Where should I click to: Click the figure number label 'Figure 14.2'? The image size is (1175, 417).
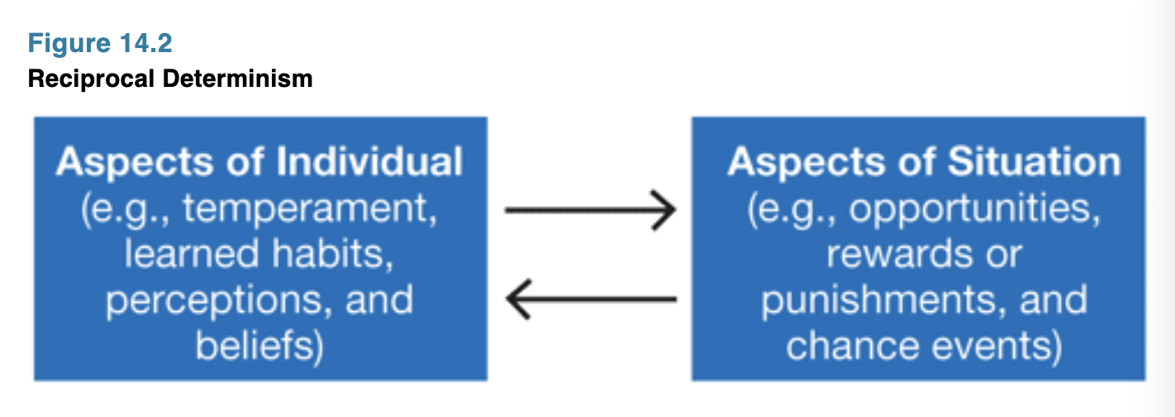point(100,42)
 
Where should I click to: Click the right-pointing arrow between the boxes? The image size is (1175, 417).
point(590,210)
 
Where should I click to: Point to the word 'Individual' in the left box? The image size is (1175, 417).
point(369,161)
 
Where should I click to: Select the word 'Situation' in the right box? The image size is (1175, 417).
point(1034,161)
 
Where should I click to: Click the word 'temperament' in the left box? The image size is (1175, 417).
point(309,208)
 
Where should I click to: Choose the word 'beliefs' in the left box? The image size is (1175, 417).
point(254,345)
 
